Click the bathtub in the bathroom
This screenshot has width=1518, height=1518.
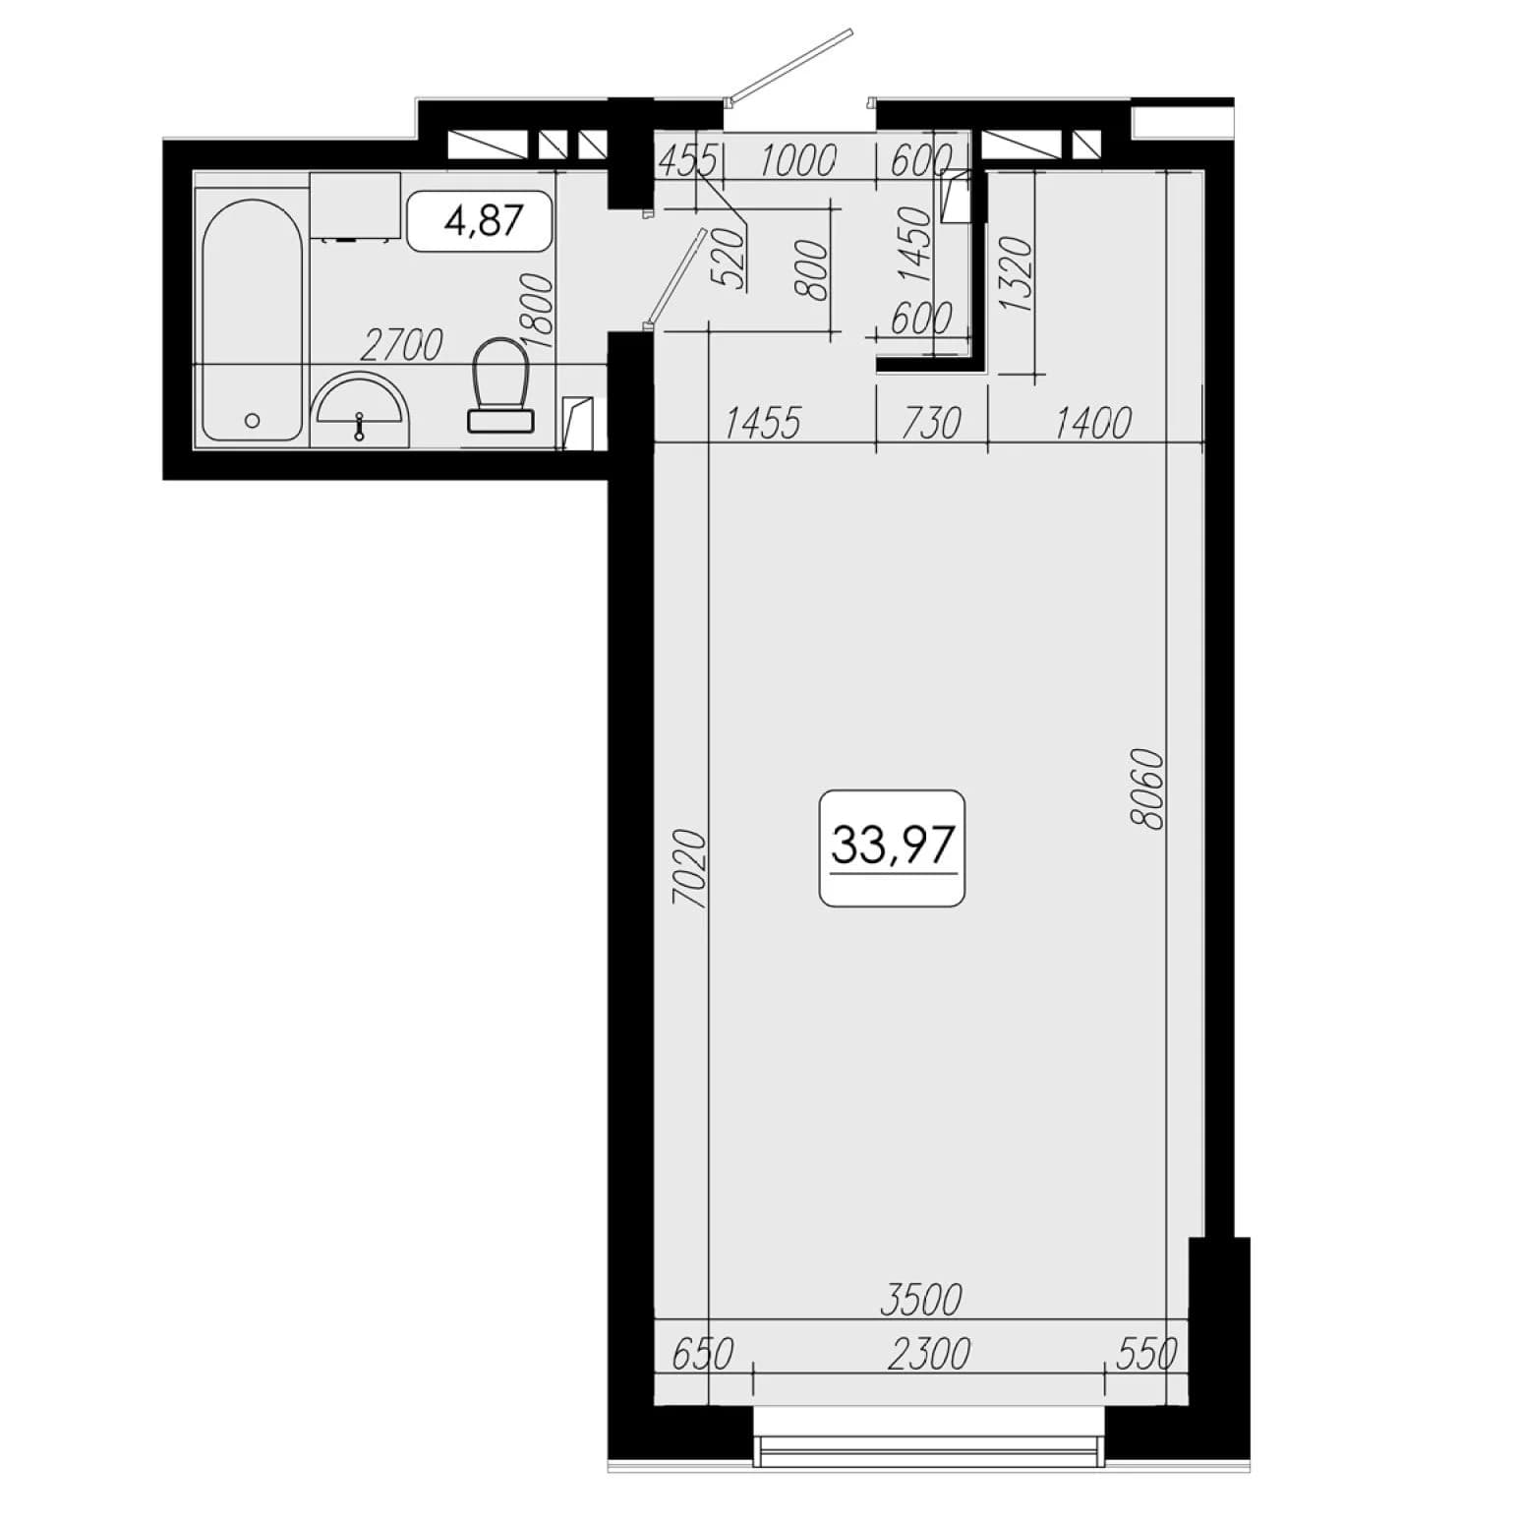pyautogui.click(x=252, y=321)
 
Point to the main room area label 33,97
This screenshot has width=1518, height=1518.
pyautogui.click(x=894, y=845)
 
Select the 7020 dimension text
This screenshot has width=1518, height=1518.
pyautogui.click(x=689, y=868)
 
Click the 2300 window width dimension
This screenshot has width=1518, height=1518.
pyautogui.click(x=928, y=1354)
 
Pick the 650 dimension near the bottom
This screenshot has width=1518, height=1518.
pyautogui.click(x=703, y=1354)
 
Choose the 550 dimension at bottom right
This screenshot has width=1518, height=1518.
pyautogui.click(x=1147, y=1354)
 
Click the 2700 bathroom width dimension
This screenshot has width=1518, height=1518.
pyautogui.click(x=401, y=344)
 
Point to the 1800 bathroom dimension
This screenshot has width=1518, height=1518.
pyautogui.click(x=540, y=310)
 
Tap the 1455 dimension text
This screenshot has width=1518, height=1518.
pyautogui.click(x=763, y=423)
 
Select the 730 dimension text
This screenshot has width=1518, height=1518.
pyautogui.click(x=930, y=423)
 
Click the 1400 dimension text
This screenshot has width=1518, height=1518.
pyautogui.click(x=1092, y=423)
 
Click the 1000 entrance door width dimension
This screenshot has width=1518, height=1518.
pyautogui.click(x=797, y=160)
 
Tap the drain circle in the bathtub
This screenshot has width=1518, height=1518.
pyautogui.click(x=252, y=420)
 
